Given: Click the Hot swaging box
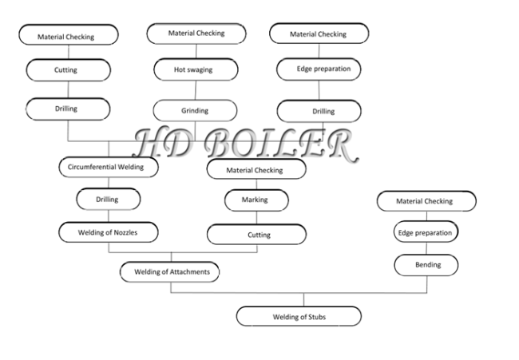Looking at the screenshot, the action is [196, 69].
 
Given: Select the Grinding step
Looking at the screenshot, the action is [195, 110].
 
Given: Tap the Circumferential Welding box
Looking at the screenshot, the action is [109, 167].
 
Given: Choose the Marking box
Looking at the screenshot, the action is [256, 200].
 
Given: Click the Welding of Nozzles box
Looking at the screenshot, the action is [109, 232].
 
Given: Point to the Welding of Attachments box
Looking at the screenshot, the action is [169, 272].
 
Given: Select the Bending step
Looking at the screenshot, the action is [426, 265].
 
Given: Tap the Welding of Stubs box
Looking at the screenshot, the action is [299, 316].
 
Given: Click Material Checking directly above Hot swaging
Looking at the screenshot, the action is [196, 34].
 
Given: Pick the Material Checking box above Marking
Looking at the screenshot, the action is [256, 169].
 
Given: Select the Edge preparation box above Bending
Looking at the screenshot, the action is [426, 231].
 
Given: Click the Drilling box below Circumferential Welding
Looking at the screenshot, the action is [109, 200].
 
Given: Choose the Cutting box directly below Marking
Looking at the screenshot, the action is [257, 235].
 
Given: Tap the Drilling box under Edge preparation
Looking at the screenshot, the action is [319, 112].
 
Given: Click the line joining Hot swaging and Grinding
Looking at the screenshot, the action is [196, 90].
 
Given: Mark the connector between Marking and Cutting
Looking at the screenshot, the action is [256, 218].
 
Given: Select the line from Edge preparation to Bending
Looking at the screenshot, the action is [426, 248].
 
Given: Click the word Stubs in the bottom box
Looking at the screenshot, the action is [317, 317].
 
